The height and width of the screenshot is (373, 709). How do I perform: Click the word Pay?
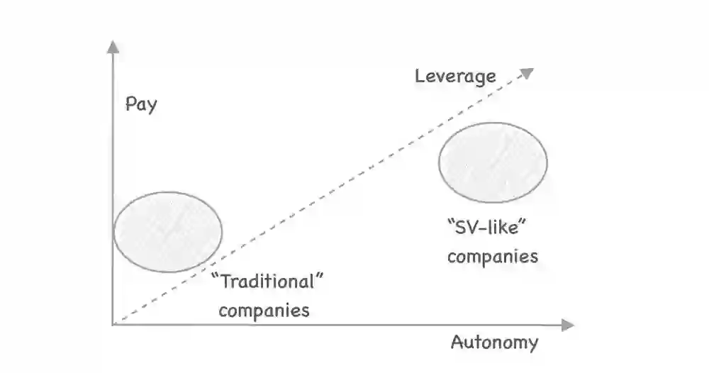tap(141, 105)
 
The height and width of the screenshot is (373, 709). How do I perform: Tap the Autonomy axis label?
tap(494, 343)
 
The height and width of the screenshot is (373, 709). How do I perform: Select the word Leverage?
tap(455, 77)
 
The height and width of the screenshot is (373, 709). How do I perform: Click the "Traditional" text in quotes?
tap(269, 281)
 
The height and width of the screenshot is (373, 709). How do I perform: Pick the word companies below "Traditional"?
tap(264, 310)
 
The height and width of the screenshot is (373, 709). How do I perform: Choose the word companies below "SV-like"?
tap(493, 256)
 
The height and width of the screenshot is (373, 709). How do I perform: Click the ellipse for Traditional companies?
tap(168, 231)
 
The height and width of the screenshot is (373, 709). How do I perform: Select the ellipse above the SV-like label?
tap(493, 162)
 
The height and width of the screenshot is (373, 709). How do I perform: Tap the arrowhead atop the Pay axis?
tap(112, 47)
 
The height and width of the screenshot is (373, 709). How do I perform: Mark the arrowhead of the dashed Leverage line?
tap(528, 71)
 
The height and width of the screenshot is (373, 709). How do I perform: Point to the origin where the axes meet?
tap(113, 324)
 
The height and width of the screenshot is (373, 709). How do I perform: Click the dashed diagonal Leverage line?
tap(319, 199)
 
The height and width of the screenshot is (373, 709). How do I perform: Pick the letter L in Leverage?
tap(420, 76)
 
